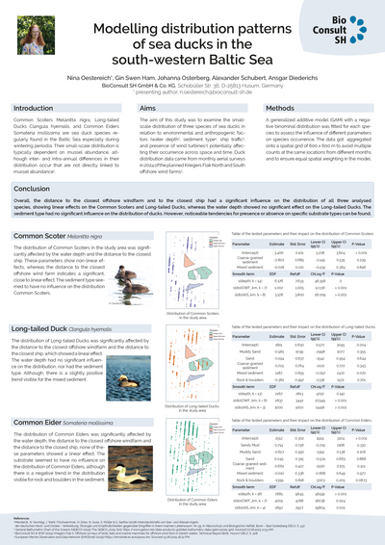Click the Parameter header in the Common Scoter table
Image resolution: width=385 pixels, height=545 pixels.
[x=248, y=245]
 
